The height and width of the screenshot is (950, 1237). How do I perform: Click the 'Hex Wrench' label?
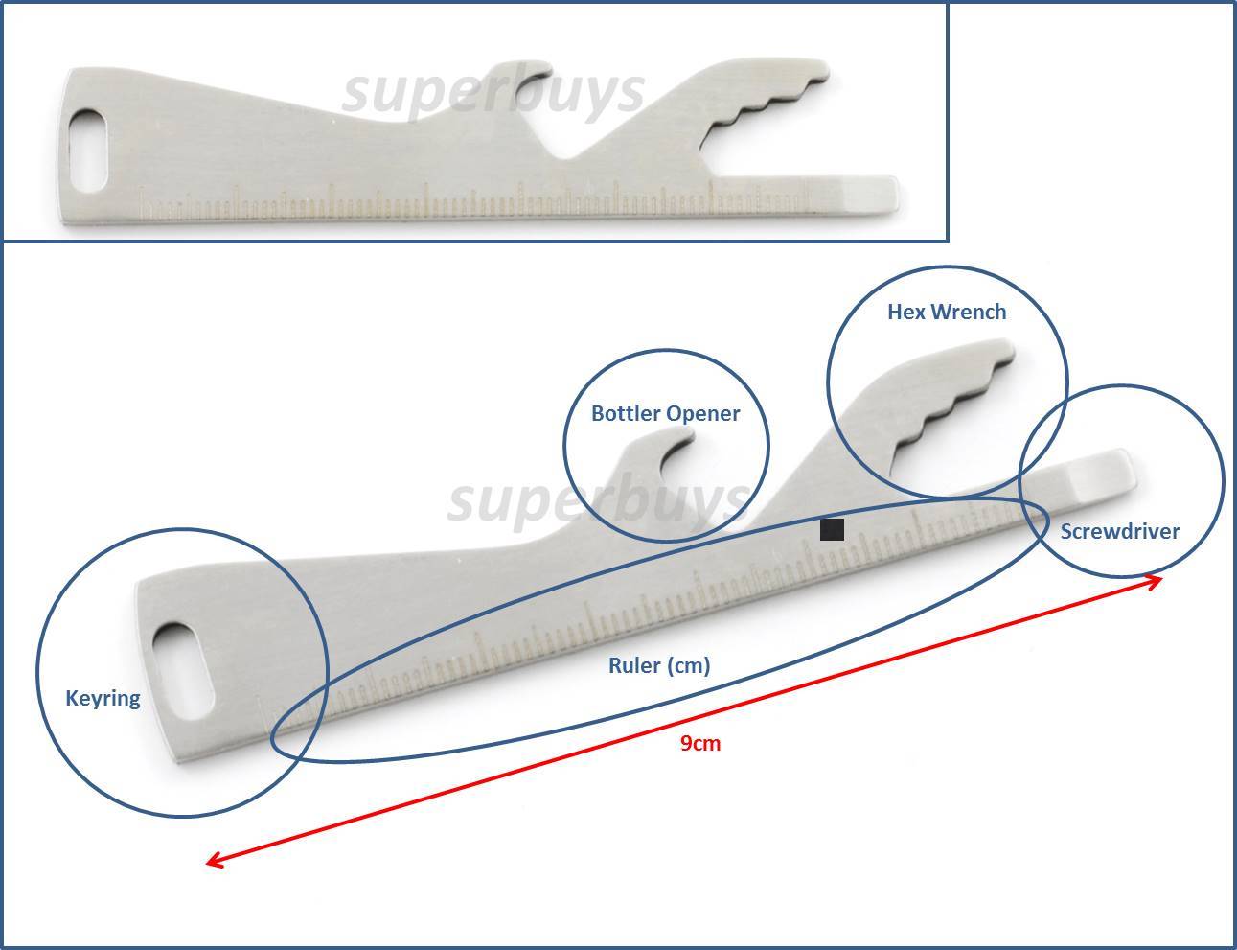[x=947, y=313]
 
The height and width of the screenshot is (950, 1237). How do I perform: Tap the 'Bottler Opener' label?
[x=666, y=413]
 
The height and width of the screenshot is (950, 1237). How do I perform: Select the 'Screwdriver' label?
[x=1120, y=531]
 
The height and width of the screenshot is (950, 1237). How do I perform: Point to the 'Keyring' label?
[x=103, y=698]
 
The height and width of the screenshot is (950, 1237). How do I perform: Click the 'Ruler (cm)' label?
[x=659, y=665]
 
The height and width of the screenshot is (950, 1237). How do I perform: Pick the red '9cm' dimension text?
[x=700, y=743]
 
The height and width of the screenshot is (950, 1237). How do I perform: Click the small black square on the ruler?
[x=832, y=529]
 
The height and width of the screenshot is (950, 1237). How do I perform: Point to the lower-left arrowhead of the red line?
[x=211, y=860]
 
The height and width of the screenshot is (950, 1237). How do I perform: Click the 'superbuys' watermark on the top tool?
[x=493, y=95]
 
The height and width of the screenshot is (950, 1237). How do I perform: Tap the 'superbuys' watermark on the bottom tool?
[x=598, y=499]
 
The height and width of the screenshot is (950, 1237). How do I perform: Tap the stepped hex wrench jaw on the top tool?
[x=766, y=105]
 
